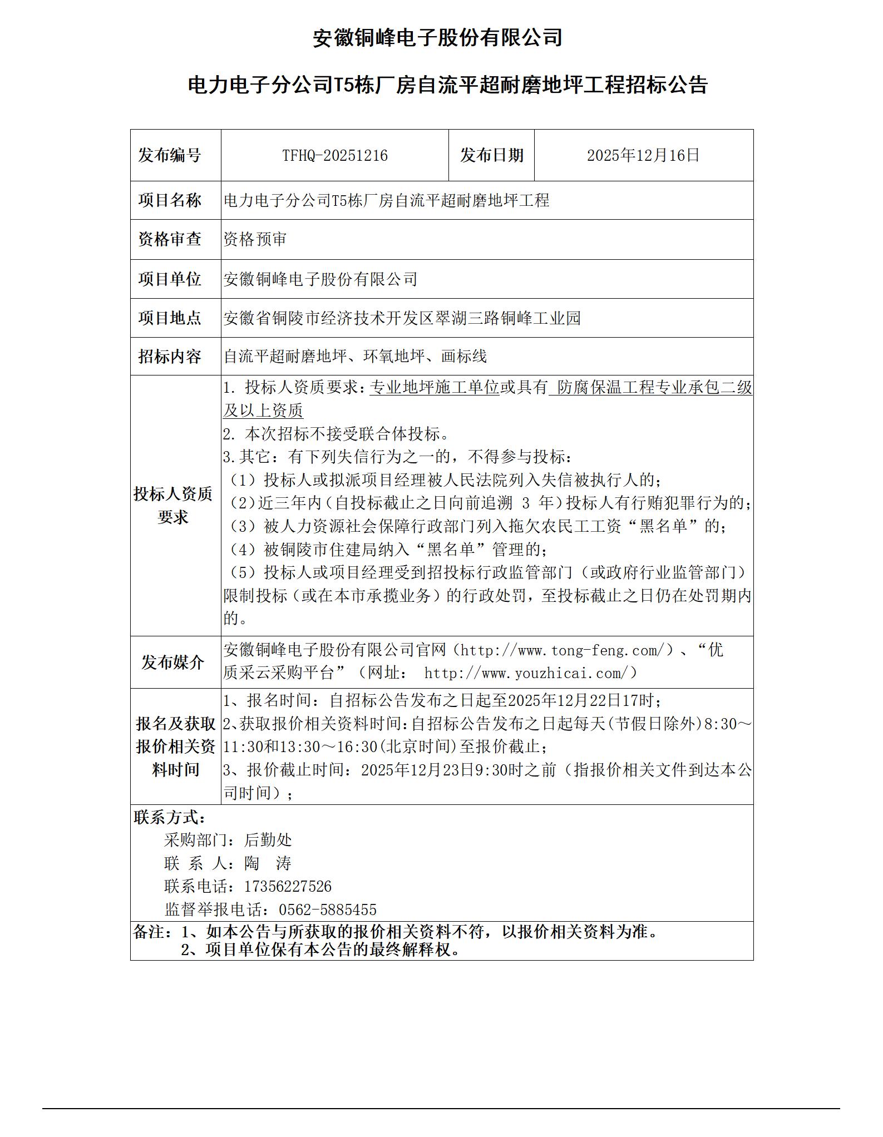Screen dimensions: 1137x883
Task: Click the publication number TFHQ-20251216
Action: (334, 155)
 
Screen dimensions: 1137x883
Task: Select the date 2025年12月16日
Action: (643, 155)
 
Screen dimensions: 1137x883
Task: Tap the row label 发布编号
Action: (170, 155)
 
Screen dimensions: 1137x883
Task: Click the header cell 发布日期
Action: (491, 155)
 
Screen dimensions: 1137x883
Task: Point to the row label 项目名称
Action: (170, 200)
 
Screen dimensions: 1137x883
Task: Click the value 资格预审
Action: (255, 239)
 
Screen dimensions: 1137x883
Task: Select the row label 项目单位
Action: (170, 279)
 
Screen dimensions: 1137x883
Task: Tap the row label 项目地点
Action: (170, 318)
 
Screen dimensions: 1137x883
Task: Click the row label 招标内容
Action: (170, 357)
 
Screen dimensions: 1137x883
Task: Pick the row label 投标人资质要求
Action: (173, 505)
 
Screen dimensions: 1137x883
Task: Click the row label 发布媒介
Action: (172, 662)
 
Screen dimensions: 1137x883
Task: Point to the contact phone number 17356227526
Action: (288, 886)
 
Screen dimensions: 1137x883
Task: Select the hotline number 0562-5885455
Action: (327, 909)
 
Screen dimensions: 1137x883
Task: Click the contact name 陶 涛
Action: (268, 863)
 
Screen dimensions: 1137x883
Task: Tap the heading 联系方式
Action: (170, 817)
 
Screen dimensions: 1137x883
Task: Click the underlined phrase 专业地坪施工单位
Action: (434, 387)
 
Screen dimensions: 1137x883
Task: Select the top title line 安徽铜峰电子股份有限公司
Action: (437, 38)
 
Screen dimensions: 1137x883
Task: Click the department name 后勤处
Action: (268, 840)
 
